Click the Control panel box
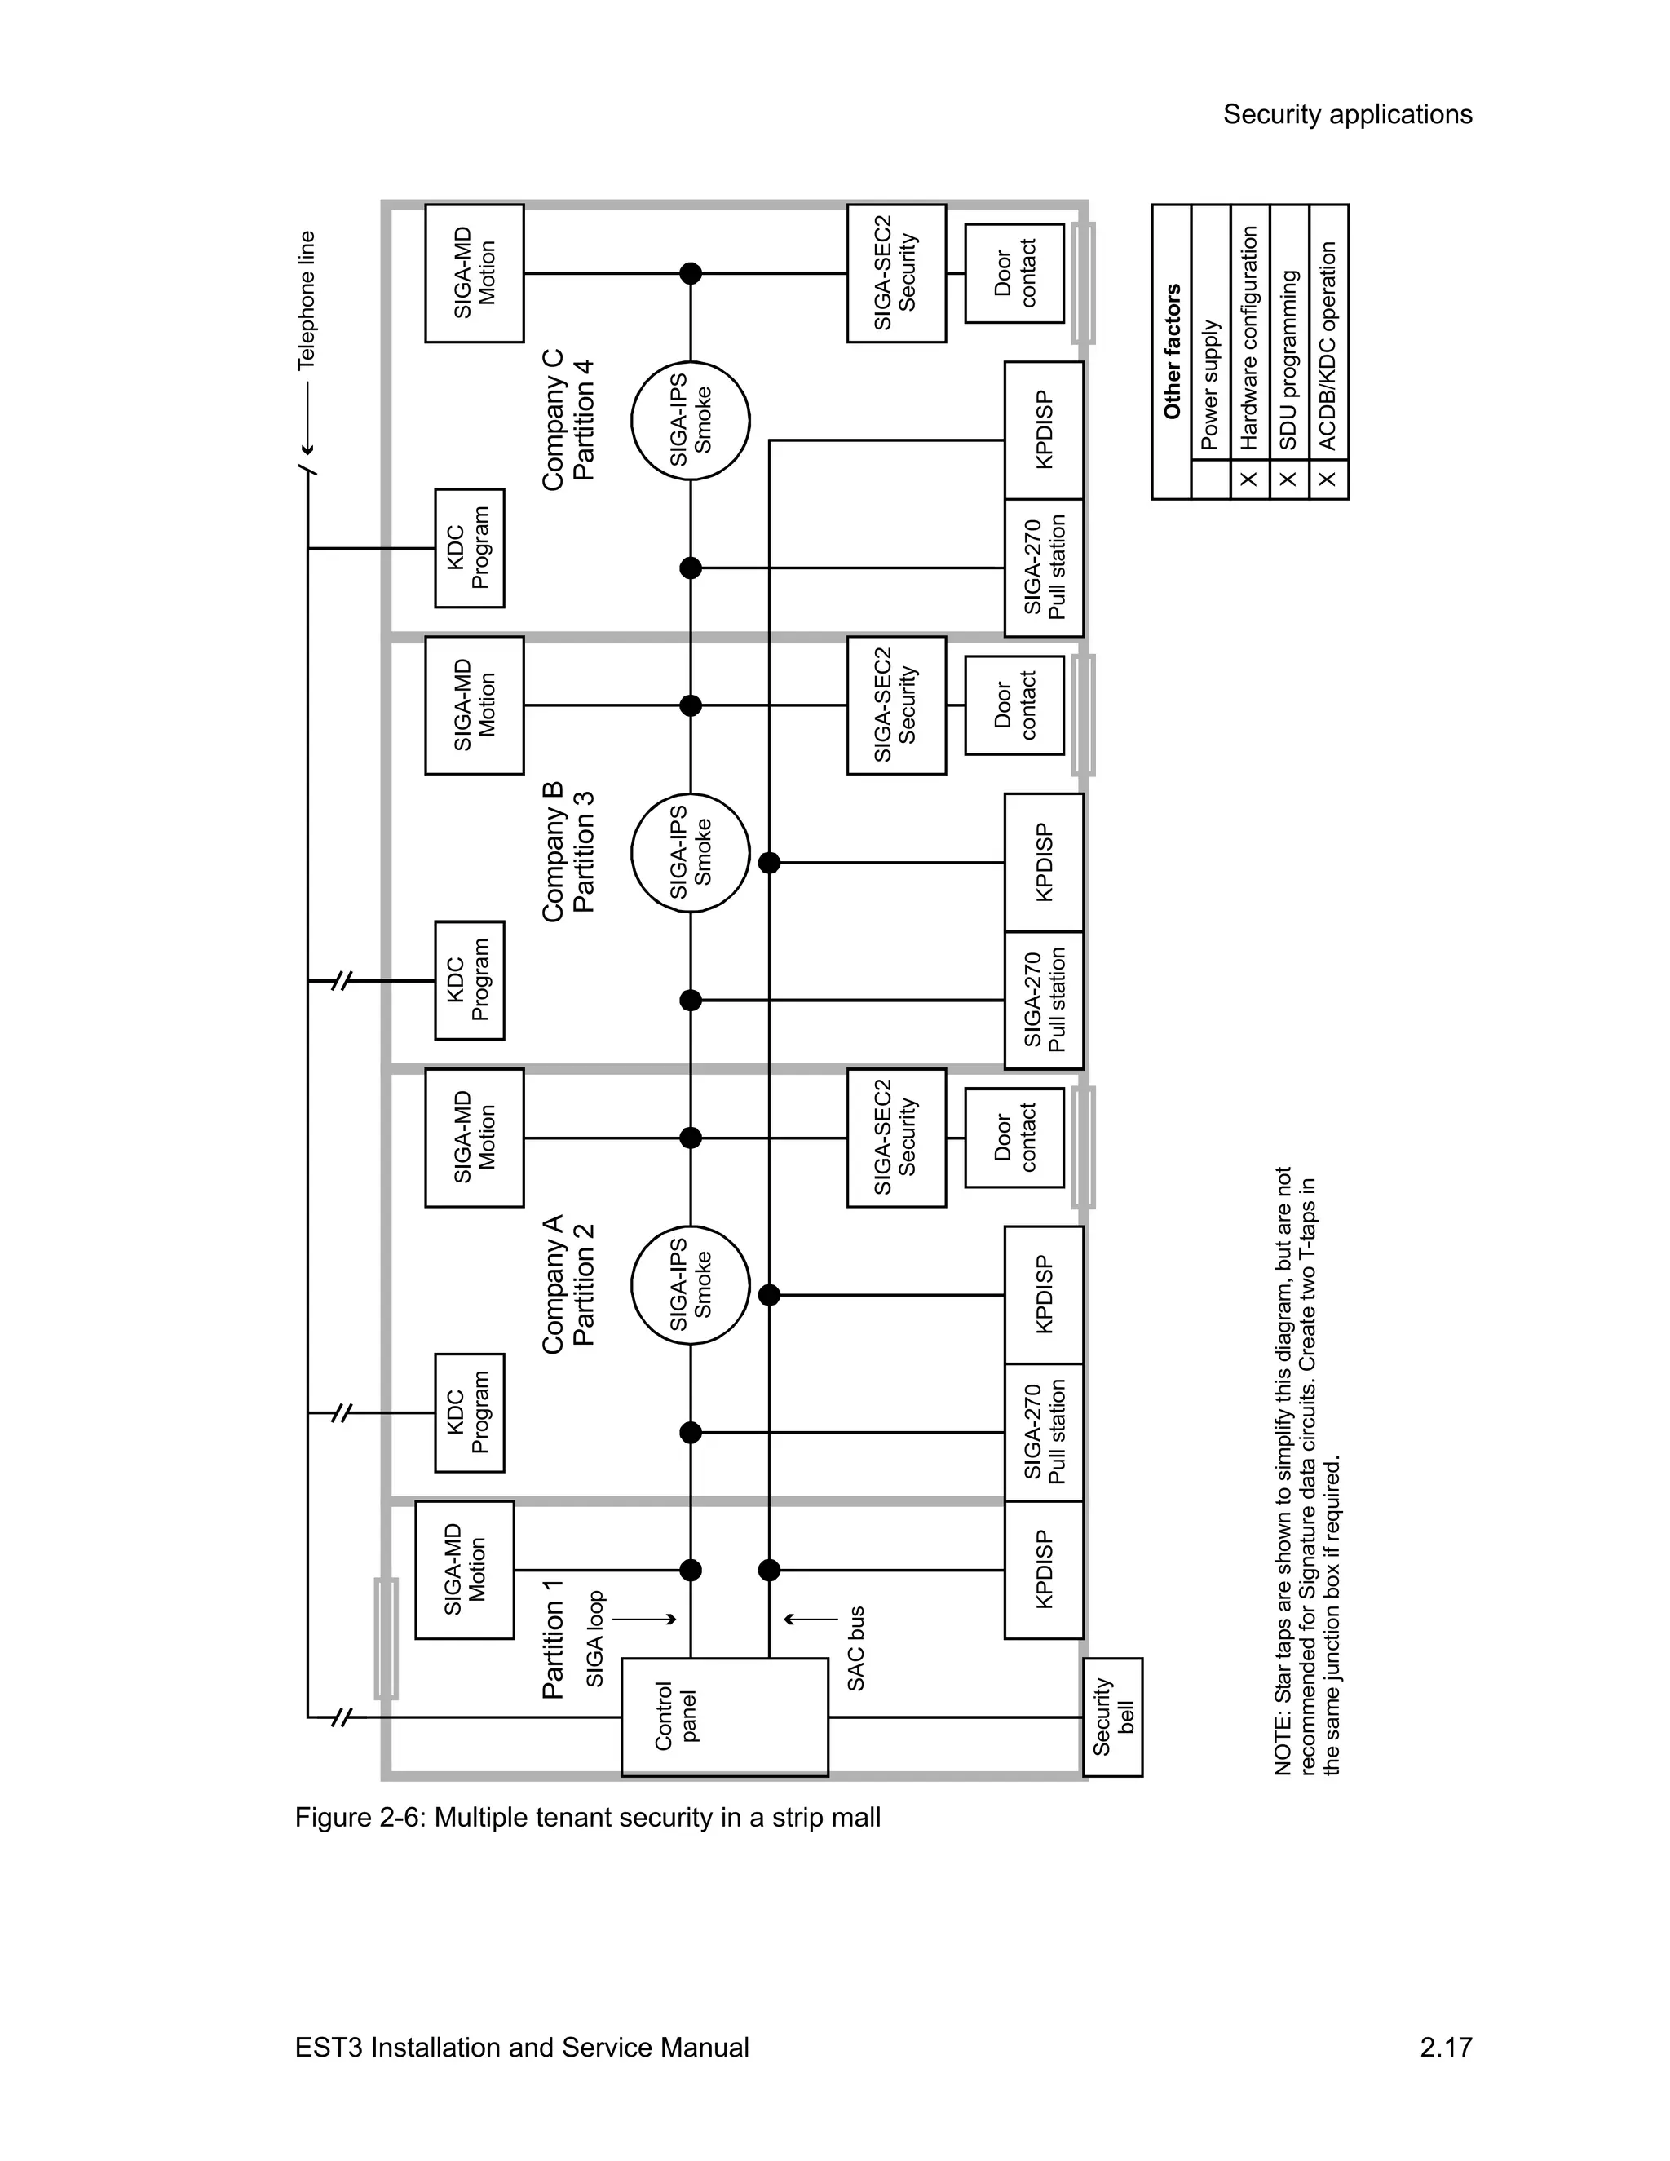coord(724,1717)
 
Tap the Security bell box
coord(1113,1717)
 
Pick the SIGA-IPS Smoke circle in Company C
coord(691,421)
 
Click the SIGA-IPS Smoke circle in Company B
coord(691,853)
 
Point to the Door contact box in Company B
coord(1014,705)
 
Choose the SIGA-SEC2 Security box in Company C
coord(896,273)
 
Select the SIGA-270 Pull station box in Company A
coord(1044,1433)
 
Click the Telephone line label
coord(307,301)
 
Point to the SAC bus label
coord(855,1647)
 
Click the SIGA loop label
coord(594,1638)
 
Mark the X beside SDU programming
coord(1288,479)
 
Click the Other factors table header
coord(1173,351)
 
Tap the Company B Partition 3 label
coord(568,852)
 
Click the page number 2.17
coord(1446,2047)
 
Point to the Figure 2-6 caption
coord(588,1818)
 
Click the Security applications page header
coord(1346,115)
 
